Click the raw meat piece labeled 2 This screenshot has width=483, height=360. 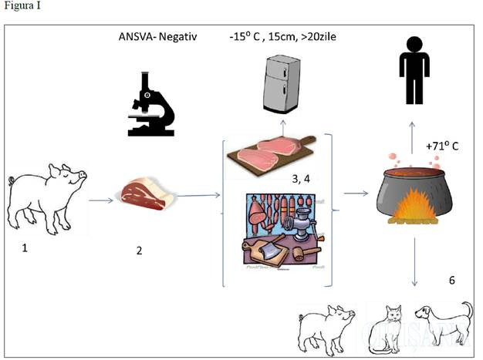pyautogui.click(x=147, y=193)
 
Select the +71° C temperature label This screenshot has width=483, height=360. pyautogui.click(x=443, y=145)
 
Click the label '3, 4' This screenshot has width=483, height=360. pyautogui.click(x=302, y=180)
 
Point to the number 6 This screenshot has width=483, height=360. pyautogui.click(x=453, y=280)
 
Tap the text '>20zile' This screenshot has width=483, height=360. pyautogui.click(x=324, y=37)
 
